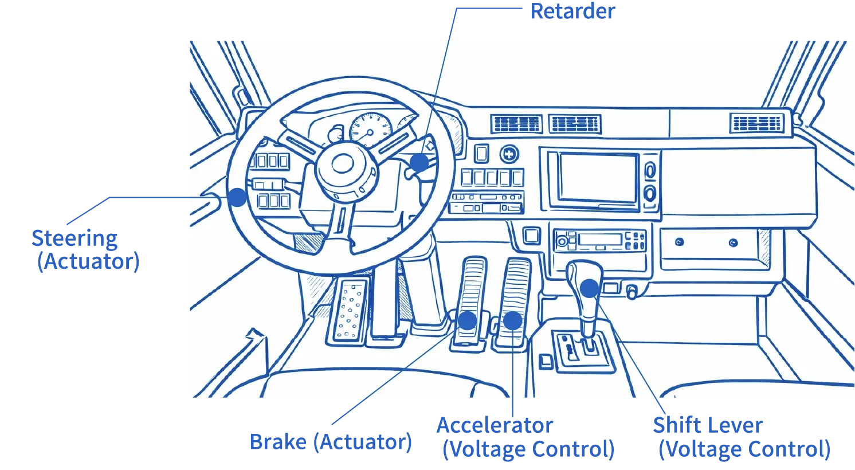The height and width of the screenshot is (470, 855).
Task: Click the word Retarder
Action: coord(572,11)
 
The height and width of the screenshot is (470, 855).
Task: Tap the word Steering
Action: coord(74,238)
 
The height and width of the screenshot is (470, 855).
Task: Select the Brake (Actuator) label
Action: coord(331,442)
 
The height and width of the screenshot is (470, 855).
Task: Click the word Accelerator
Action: coord(495,425)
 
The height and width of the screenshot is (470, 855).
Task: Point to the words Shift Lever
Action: coord(708,425)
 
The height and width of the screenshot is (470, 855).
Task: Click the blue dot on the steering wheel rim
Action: coord(237,197)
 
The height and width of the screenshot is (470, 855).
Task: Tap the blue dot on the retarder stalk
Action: coord(419,163)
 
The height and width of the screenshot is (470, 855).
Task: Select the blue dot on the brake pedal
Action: coord(467,320)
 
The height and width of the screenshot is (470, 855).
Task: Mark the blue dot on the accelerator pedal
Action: coord(513,321)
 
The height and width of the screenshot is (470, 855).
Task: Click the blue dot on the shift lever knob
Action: coord(590,288)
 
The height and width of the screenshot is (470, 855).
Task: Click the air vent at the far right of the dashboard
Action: coord(757,123)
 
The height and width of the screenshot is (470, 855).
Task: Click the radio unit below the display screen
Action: coord(599,240)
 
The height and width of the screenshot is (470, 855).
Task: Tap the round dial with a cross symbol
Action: coord(509,154)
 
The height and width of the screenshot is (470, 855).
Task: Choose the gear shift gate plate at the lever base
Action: coord(582,351)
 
